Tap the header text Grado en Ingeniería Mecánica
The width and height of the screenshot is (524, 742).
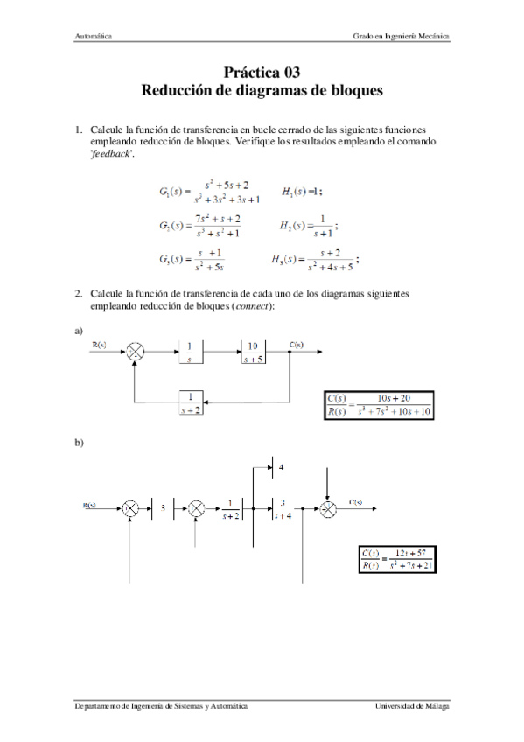point(402,37)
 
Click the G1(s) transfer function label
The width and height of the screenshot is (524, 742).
point(174,190)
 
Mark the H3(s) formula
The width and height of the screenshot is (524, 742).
point(315,260)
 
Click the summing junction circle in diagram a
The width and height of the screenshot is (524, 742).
point(136,352)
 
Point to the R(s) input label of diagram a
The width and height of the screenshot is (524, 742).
point(101,345)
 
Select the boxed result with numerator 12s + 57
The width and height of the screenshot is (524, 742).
point(397,558)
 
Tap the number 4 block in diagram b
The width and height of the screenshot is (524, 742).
point(281,469)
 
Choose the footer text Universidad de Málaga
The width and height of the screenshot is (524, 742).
point(412,705)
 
